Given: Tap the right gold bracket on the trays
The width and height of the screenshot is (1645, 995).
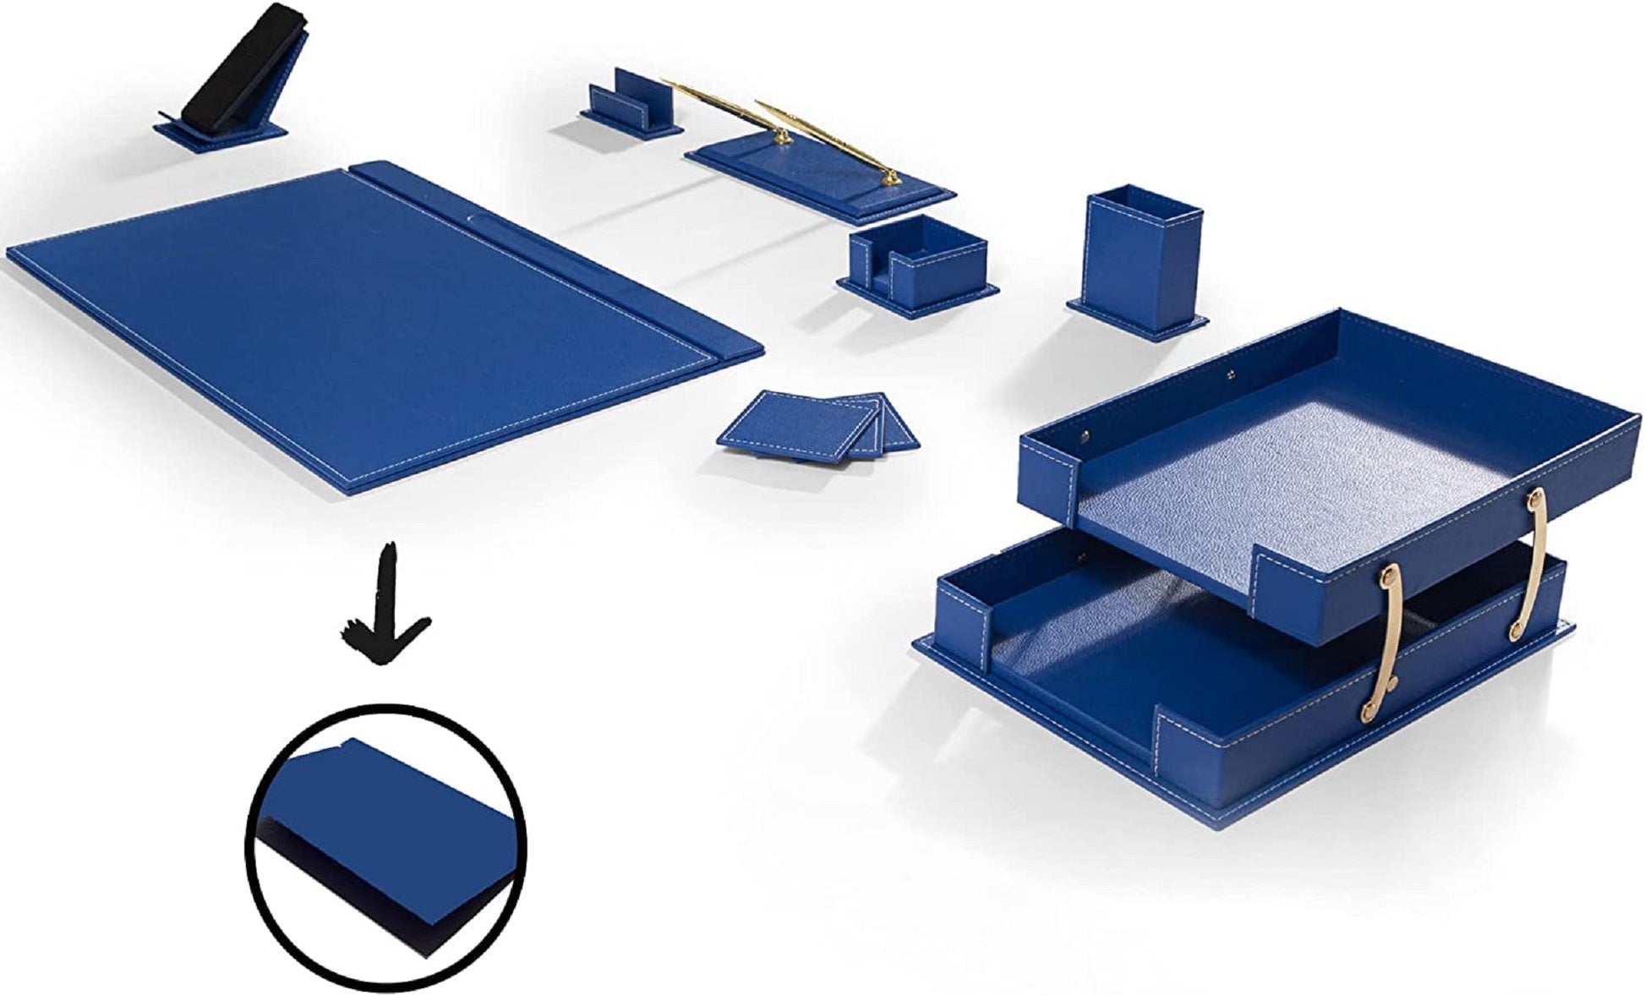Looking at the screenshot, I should click(x=1535, y=562).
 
